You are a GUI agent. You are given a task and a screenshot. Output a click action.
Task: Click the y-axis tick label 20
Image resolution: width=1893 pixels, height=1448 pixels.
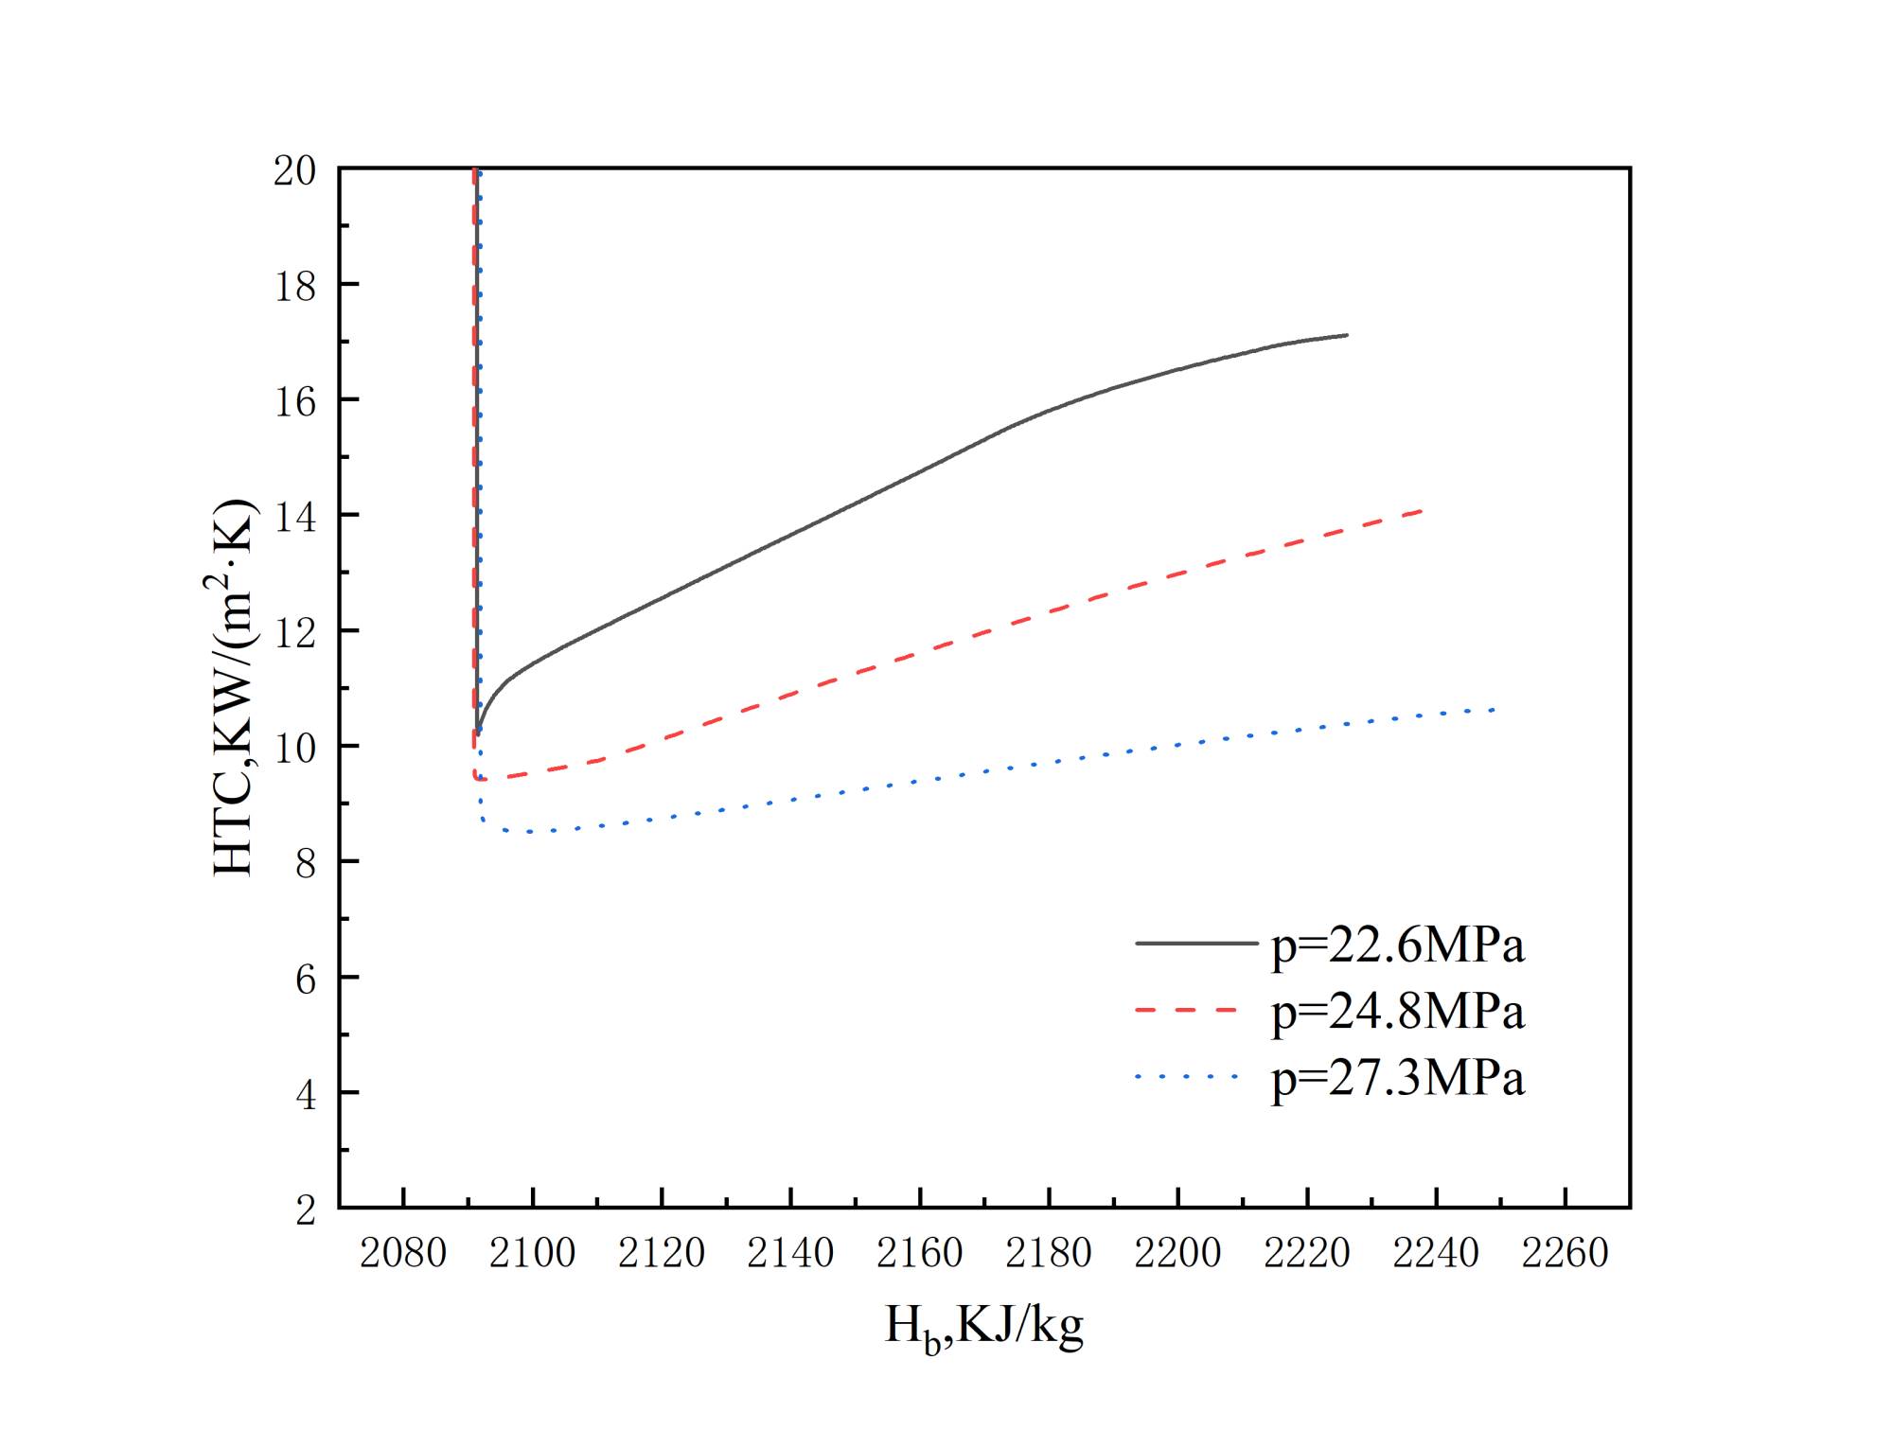click(x=294, y=171)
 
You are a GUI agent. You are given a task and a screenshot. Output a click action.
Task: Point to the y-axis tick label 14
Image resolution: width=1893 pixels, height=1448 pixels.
click(x=294, y=518)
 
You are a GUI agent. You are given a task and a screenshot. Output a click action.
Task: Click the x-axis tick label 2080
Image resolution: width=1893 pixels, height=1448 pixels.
click(x=403, y=1254)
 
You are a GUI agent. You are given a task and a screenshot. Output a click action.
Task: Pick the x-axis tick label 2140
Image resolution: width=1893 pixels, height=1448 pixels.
click(x=790, y=1254)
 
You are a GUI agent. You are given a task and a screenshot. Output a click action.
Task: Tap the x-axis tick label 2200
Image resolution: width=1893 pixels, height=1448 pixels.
click(x=1177, y=1254)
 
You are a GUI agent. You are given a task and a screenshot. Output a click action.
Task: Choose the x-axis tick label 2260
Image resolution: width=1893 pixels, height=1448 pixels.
click(x=1565, y=1254)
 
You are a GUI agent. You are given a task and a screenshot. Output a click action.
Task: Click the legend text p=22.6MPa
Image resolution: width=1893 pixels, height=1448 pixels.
click(x=1397, y=945)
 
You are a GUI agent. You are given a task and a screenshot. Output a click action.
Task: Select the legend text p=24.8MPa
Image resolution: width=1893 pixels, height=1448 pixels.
click(x=1397, y=1012)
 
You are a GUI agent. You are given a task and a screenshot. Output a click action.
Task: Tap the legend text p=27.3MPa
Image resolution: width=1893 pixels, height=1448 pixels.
click(x=1397, y=1078)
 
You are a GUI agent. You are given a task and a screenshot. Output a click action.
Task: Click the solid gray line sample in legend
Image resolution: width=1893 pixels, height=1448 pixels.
click(x=1195, y=944)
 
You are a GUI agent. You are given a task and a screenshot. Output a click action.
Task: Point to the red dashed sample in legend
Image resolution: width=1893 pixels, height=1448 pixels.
click(x=1187, y=1011)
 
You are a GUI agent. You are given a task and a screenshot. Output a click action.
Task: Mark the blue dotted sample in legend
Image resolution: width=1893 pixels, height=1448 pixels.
click(x=1187, y=1077)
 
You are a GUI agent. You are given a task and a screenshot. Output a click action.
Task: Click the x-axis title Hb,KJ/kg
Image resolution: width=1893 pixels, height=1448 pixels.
click(x=983, y=1326)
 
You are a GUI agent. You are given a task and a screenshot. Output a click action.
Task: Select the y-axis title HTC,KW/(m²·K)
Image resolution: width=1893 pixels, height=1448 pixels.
click(x=234, y=688)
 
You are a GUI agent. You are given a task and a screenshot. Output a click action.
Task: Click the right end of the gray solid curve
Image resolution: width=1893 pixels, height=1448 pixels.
click(x=1346, y=335)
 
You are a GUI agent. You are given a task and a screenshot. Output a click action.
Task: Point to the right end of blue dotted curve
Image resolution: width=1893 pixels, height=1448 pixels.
click(x=1494, y=709)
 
